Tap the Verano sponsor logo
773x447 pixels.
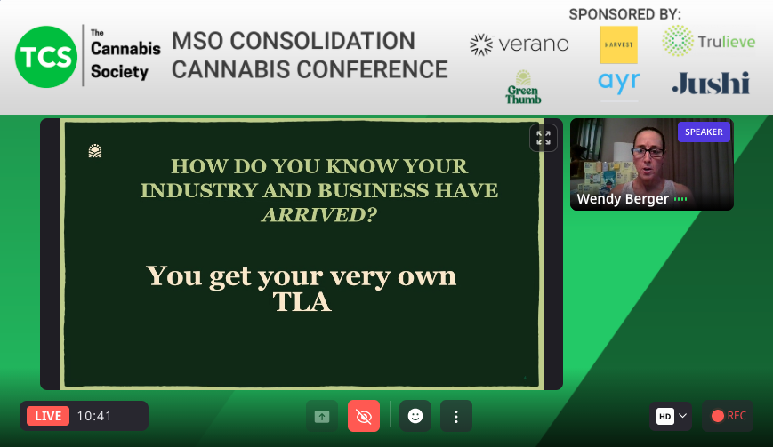[x=519, y=44]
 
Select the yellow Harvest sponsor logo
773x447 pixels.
[x=618, y=44]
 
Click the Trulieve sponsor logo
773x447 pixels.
[x=709, y=41]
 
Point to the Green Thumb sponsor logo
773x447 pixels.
[x=523, y=87]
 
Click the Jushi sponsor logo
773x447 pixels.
[x=711, y=84]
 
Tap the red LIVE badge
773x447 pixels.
[x=48, y=416]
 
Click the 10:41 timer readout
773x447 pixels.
[x=94, y=416]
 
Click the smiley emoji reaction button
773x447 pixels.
[x=415, y=416]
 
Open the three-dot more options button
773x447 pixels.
[x=456, y=416]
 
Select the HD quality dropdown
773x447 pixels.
[x=672, y=416]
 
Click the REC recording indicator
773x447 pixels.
[x=729, y=416]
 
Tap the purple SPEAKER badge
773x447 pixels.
[x=704, y=132]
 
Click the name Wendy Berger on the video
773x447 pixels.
[x=623, y=199]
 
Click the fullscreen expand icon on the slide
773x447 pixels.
[x=543, y=138]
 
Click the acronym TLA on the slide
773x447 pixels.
[x=302, y=302]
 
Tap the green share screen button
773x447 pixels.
[x=321, y=416]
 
